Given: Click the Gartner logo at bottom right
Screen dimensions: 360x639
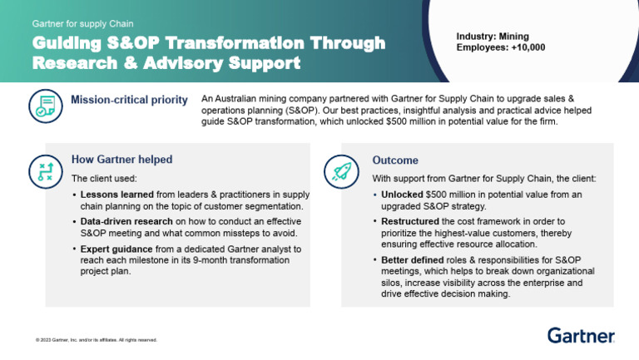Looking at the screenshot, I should point(581,335).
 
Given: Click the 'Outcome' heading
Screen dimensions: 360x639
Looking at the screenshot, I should point(395,160).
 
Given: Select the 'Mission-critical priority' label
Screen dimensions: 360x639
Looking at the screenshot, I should point(129,100).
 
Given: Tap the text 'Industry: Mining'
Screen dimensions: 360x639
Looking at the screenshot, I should point(493,37).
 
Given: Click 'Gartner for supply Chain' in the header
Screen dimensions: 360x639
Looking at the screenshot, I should point(82,24).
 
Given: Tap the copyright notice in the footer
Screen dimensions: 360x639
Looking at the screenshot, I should point(91,340).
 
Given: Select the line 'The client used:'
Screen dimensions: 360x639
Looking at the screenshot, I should point(104,178).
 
